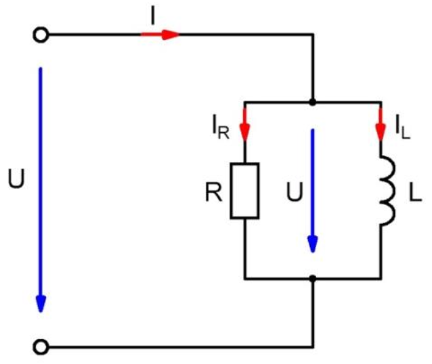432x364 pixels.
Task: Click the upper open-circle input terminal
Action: [42, 35]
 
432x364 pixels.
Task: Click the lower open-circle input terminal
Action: [42, 347]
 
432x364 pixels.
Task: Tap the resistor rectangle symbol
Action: [244, 190]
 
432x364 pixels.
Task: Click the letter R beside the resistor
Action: [213, 191]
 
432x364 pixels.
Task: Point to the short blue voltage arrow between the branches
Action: [312, 189]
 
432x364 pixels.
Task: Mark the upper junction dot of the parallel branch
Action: [312, 103]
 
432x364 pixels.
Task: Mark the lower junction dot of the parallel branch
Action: [312, 278]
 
